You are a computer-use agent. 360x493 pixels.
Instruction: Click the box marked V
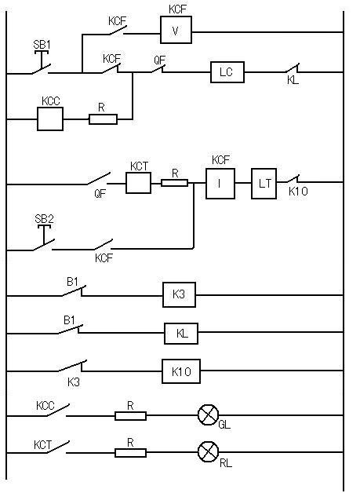click(x=176, y=30)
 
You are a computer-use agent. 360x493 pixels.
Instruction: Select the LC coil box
click(x=227, y=72)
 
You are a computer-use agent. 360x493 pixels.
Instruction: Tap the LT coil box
click(x=264, y=184)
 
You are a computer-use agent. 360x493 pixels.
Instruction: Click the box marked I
click(x=220, y=184)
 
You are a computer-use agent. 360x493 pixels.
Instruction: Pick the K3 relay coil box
click(x=179, y=294)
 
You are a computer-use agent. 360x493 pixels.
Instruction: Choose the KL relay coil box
click(x=181, y=334)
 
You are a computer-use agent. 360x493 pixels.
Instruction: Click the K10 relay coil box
click(x=181, y=371)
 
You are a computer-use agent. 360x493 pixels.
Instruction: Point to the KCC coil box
click(x=50, y=119)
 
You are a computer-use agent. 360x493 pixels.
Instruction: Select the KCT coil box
click(x=139, y=183)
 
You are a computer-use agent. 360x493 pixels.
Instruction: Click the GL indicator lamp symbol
click(x=208, y=415)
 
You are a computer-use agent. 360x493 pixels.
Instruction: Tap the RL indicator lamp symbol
click(x=208, y=452)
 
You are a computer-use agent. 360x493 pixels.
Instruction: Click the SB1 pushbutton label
click(x=42, y=44)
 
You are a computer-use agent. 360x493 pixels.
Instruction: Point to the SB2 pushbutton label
click(x=44, y=219)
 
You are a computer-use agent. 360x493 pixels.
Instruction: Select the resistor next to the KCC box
click(x=103, y=119)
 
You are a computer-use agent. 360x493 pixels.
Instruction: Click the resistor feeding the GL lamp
click(x=130, y=416)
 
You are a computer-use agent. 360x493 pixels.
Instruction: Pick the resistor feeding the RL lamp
click(x=130, y=453)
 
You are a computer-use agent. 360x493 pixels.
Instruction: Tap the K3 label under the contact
click(x=74, y=382)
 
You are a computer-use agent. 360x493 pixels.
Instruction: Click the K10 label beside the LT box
click(x=298, y=192)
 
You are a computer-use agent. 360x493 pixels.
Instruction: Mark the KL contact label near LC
click(x=293, y=80)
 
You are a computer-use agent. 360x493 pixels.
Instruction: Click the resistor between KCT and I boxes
click(x=174, y=183)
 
